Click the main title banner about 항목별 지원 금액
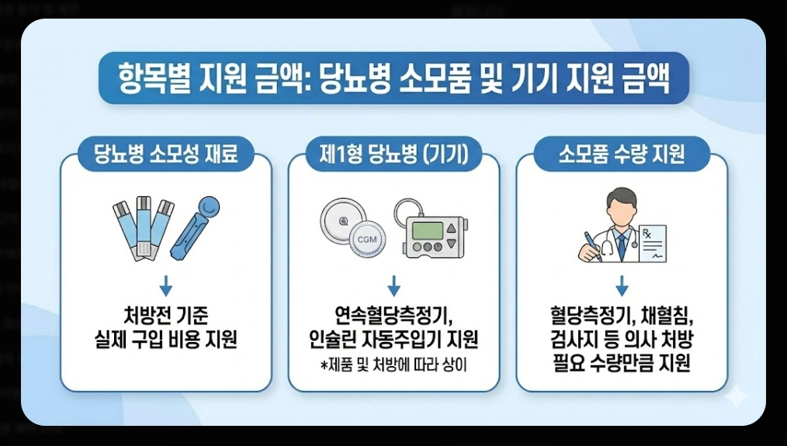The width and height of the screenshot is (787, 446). [393, 78]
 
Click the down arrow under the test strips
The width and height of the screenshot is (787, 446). [165, 287]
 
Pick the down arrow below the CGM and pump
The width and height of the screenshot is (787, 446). [393, 287]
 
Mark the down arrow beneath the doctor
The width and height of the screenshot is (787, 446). [622, 287]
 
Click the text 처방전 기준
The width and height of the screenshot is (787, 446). [165, 317]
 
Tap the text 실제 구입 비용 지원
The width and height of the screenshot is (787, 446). [165, 340]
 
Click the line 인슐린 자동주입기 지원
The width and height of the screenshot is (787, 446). [393, 340]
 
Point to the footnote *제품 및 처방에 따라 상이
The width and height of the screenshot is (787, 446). [393, 365]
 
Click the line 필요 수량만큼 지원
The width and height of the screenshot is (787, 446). [622, 363]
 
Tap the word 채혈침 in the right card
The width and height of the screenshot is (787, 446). [665, 317]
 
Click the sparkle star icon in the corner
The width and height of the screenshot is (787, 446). [735, 396]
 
